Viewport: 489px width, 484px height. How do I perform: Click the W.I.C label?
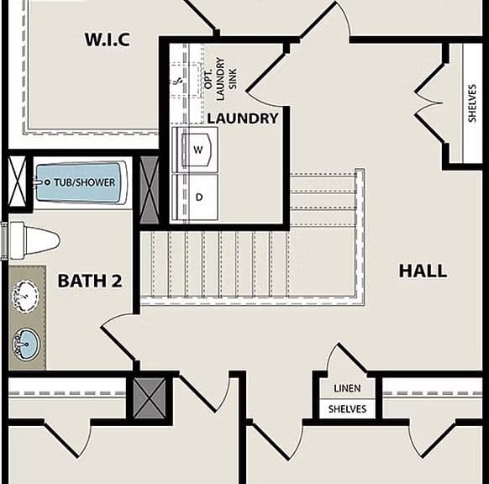107,39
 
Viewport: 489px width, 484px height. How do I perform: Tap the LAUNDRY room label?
243,118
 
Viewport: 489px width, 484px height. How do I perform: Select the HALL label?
423,271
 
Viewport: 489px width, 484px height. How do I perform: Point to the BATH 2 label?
90,281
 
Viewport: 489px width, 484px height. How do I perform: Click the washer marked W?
195,150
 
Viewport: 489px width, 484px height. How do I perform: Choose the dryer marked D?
195,197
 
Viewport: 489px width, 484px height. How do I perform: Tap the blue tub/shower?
80,182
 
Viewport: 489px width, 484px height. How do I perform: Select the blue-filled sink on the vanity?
26,344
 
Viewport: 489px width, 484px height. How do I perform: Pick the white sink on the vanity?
25,296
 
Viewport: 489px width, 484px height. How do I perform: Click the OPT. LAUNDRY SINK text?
221,79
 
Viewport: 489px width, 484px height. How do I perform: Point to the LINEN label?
347,388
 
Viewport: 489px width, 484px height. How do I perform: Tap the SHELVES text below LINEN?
347,409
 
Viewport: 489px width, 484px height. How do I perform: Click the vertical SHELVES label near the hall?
472,103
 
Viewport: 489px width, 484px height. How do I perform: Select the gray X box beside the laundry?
150,190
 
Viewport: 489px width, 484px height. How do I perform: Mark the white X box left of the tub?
17,181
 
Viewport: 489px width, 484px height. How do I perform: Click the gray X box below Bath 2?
150,398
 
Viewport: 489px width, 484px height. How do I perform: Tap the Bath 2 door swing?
118,339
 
